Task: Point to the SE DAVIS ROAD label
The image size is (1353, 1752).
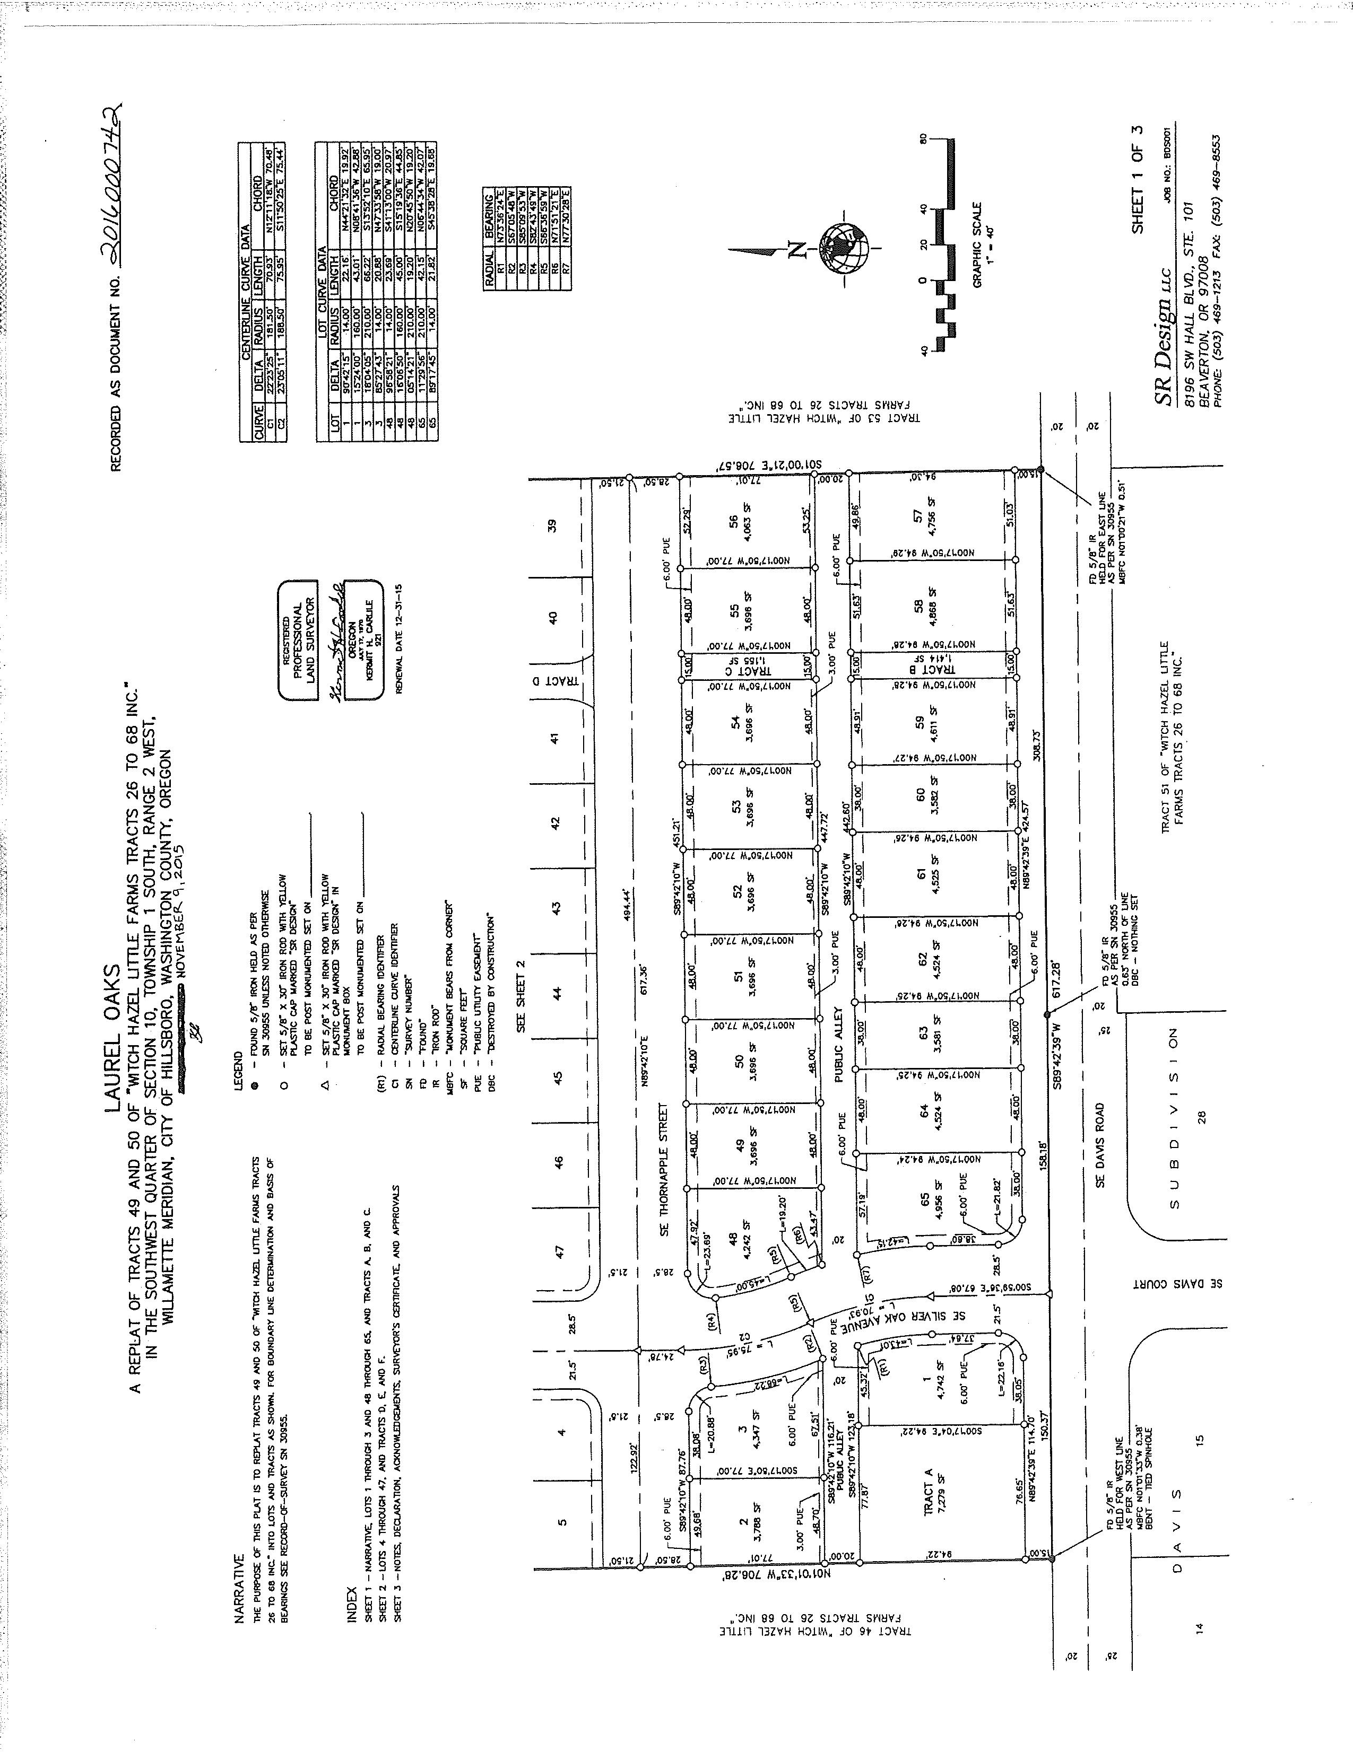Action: [1099, 1144]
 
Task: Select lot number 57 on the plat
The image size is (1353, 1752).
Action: [919, 518]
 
